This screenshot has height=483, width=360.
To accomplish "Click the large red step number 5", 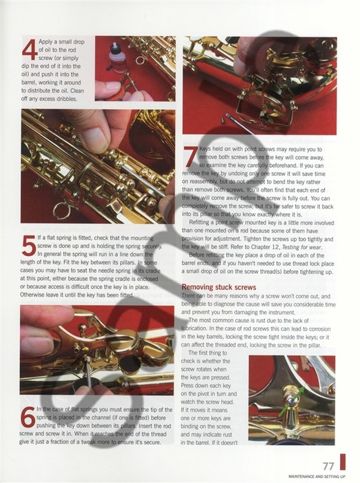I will [30, 246].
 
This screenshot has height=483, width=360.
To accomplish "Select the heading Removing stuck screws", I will [219, 286].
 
